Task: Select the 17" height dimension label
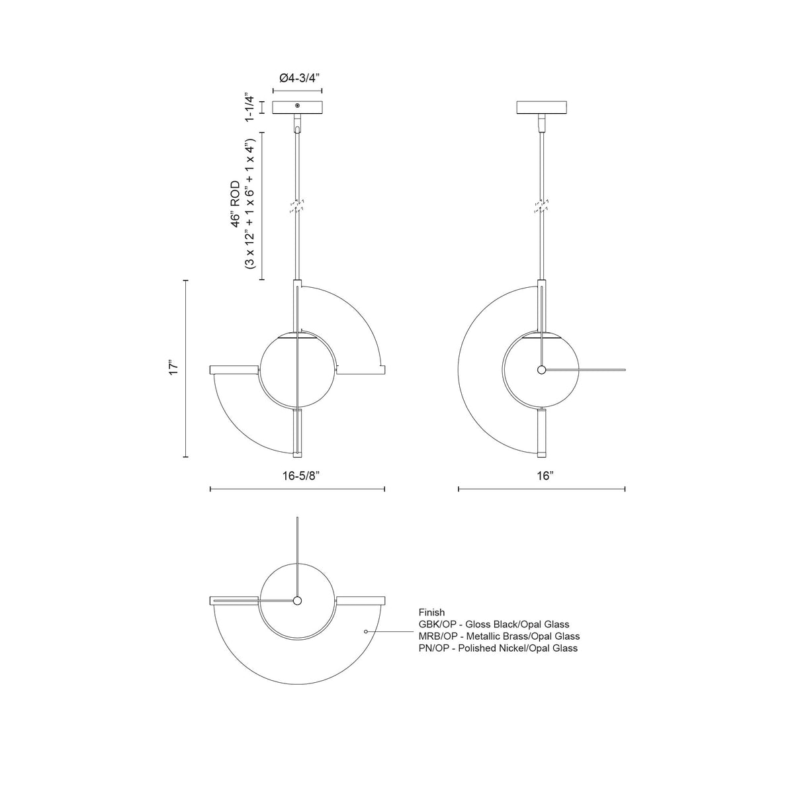tap(173, 367)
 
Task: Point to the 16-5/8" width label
tap(301, 476)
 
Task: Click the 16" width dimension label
tap(545, 476)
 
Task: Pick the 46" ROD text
tap(236, 204)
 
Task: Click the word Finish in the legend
tap(431, 612)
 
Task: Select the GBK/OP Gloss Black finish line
tap(494, 624)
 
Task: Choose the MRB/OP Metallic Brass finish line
tap(499, 636)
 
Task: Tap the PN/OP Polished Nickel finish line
tap(498, 648)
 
